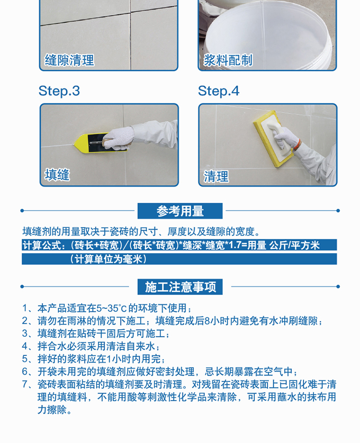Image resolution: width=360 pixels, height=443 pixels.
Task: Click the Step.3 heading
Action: [59, 91]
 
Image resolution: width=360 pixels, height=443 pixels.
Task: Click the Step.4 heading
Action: [218, 91]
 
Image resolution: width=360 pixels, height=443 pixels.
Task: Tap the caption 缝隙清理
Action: [69, 60]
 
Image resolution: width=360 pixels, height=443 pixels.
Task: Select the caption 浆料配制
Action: [228, 60]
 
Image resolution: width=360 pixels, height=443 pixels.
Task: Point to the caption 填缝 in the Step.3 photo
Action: [57, 174]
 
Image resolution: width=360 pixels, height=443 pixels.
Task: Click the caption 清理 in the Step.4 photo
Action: [216, 177]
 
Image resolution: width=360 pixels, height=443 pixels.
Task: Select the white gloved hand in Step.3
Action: [119, 138]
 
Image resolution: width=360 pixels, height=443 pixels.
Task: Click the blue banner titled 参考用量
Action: [180, 211]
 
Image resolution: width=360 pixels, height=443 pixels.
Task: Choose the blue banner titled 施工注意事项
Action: [180, 287]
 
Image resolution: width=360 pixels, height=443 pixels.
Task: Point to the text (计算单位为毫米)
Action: [108, 259]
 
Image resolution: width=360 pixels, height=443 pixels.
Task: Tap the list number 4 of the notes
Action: [25, 346]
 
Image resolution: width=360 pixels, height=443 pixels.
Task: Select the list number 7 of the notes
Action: [25, 384]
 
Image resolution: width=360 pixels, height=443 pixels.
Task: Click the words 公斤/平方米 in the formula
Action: [294, 245]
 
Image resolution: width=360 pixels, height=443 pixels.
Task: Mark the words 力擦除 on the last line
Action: [52, 410]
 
